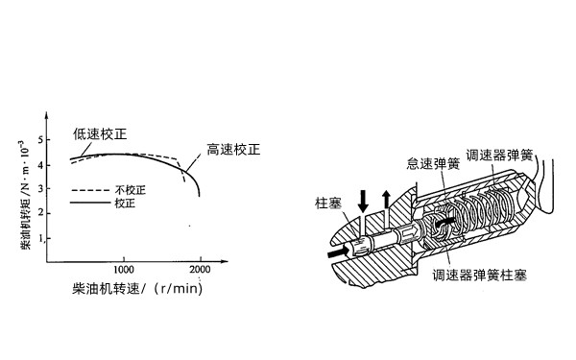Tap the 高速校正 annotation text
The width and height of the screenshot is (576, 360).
click(234, 150)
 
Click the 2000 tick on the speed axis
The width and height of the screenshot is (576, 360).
click(200, 271)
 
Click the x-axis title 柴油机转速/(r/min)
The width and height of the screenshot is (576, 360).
click(141, 288)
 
